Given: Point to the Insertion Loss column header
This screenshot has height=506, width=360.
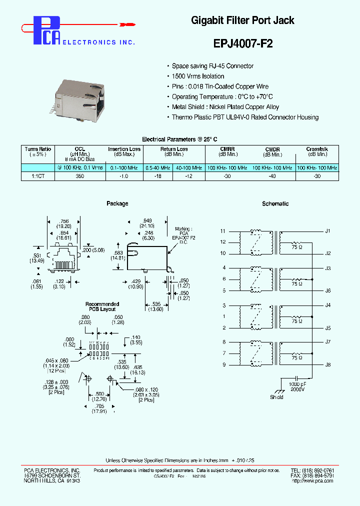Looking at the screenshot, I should [x=124, y=149].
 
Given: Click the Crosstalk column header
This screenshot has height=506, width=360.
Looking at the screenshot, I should [x=317, y=149].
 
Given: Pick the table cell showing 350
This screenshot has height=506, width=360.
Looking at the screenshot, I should [x=79, y=176].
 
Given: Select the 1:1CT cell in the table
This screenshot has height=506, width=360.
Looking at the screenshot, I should [x=38, y=176].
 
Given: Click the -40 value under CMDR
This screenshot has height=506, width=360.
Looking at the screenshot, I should [x=272, y=176].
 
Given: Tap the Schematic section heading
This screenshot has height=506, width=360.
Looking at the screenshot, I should [x=275, y=204].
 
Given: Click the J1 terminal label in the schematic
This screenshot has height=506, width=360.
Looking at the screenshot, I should [x=328, y=231].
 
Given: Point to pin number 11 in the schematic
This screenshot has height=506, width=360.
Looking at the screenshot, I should [x=223, y=231].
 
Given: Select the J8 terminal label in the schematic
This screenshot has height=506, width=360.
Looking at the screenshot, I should [x=328, y=364].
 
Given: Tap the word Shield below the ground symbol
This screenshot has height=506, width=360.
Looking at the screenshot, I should [x=276, y=397].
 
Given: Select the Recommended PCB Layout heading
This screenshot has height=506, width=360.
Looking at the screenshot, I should [x=102, y=306].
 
